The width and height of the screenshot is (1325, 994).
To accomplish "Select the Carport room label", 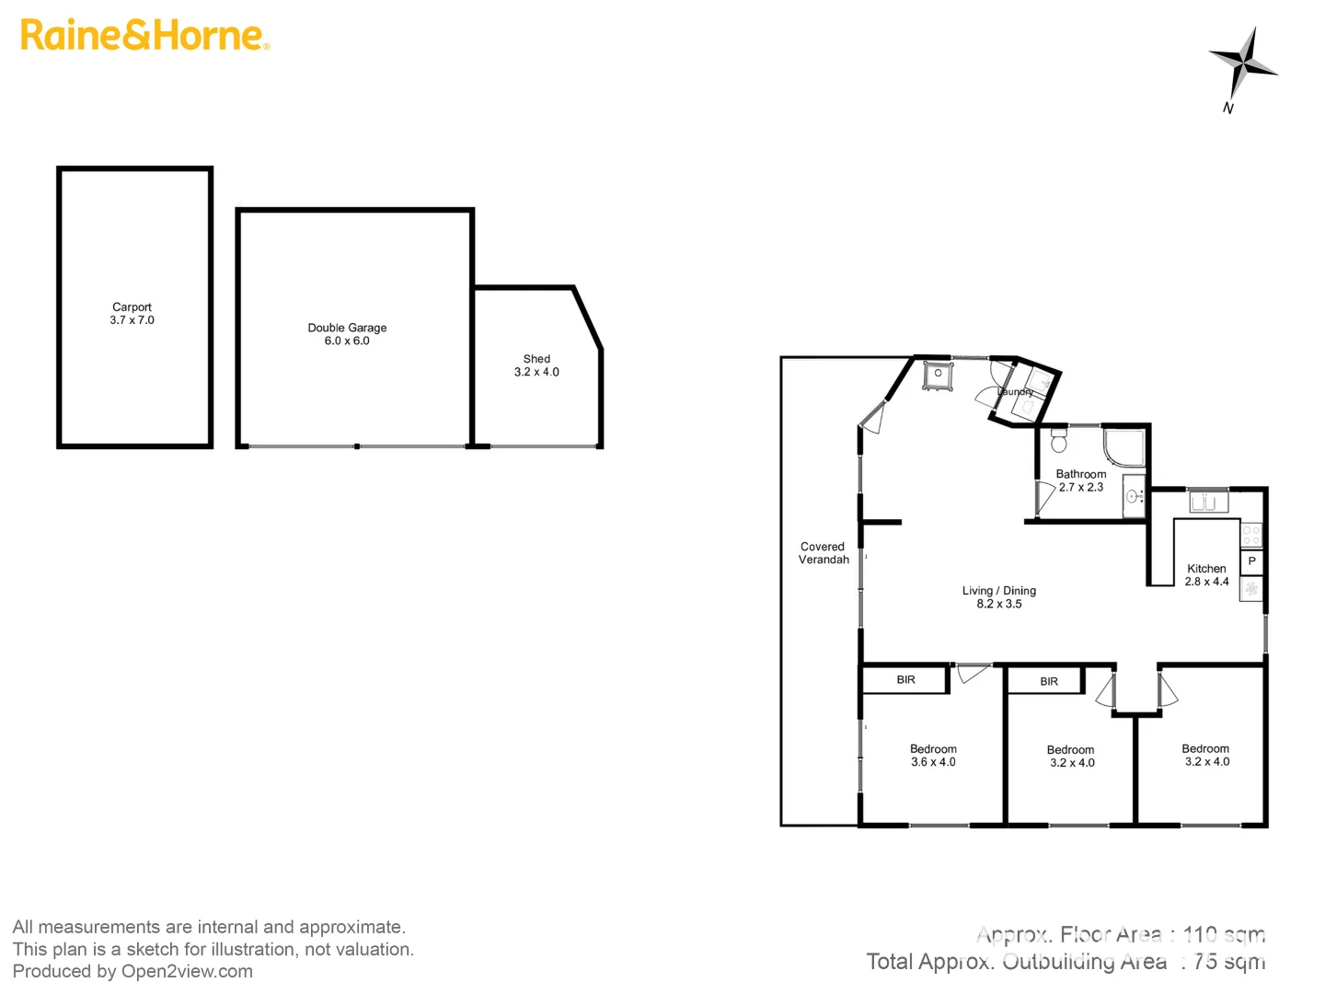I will point(132,307).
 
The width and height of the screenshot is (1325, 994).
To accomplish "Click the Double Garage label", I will point(347,328).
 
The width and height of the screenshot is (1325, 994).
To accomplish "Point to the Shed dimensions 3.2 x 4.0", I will point(536,372).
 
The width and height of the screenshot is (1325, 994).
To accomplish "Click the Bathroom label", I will point(1081,474).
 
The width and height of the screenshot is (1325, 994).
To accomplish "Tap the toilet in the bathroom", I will point(1058,441).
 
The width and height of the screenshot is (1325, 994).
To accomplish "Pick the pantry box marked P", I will point(1251,561).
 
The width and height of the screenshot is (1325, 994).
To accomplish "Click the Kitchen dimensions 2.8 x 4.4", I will point(1206,582).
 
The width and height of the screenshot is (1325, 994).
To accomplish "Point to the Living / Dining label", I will point(999,591).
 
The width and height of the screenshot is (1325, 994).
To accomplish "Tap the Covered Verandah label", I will point(824,553).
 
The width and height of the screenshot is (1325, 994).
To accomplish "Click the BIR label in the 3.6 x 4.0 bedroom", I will point(906,680).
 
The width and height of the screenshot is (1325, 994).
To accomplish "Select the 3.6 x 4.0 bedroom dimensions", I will point(933,762).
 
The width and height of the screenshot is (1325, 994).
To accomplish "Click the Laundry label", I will point(1016,392).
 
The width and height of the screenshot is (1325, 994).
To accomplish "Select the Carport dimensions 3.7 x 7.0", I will point(132,320).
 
